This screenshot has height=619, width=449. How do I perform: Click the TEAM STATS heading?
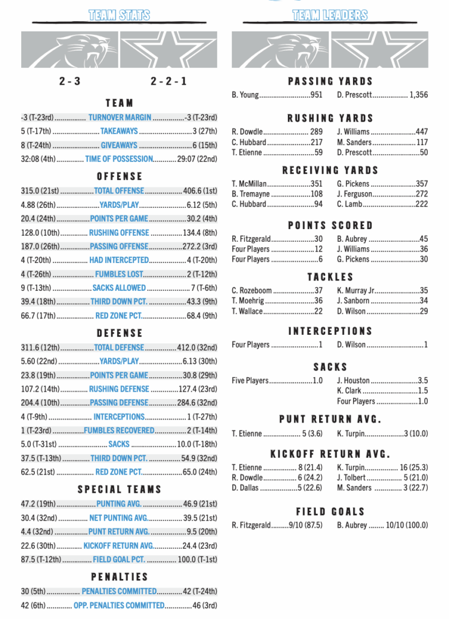119,16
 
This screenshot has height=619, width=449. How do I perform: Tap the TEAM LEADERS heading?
330,16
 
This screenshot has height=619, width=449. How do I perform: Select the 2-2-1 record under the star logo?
168,81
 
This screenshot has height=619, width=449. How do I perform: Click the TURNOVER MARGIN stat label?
120,117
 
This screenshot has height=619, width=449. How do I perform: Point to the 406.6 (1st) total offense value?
200,190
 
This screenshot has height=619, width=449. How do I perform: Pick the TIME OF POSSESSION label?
119,159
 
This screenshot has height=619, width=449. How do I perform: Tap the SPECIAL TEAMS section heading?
119,489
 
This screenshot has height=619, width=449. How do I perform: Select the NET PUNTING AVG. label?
119,517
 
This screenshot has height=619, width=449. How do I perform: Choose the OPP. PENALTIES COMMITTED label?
119,605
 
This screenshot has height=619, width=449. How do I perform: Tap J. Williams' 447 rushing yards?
422,132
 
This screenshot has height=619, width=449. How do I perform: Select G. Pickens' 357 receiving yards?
422,184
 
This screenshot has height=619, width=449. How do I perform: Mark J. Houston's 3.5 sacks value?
423,381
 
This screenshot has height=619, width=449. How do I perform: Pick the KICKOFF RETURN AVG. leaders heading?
330,454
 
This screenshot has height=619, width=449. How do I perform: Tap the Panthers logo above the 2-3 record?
69,50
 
